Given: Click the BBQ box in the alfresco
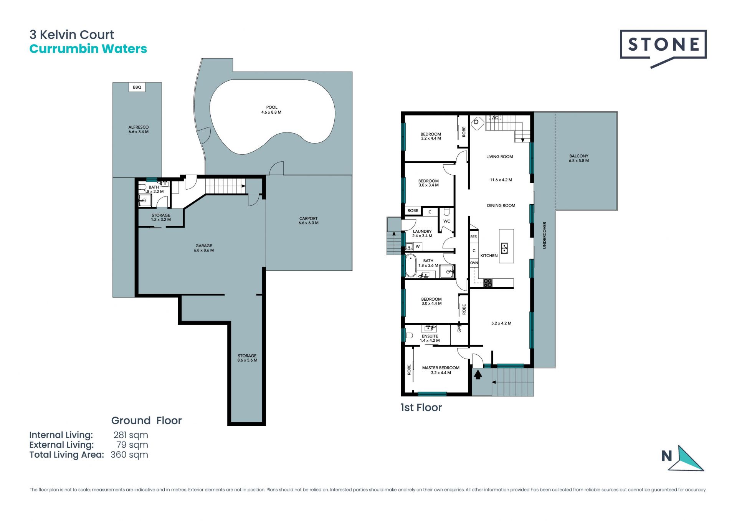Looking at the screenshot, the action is [137, 87].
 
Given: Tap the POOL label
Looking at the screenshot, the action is [272, 108].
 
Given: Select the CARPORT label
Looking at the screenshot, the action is [309, 218].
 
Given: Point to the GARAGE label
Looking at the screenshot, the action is [204, 246].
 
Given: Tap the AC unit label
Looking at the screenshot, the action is [495, 118].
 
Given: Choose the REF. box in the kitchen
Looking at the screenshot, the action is [474, 237].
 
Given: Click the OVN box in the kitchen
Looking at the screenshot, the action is [474, 263].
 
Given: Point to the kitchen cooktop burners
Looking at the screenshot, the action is [488, 283].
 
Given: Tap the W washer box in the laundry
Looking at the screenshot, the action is [418, 246].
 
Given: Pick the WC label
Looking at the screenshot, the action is [447, 221].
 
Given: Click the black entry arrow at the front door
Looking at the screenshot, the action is [478, 374].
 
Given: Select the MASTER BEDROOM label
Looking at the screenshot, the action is [441, 368].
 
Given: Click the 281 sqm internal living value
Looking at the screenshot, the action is [131, 435].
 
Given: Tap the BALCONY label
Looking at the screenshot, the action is [579, 156].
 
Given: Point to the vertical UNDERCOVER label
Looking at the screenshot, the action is [544, 235].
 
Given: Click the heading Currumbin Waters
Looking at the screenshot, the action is [88, 49].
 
